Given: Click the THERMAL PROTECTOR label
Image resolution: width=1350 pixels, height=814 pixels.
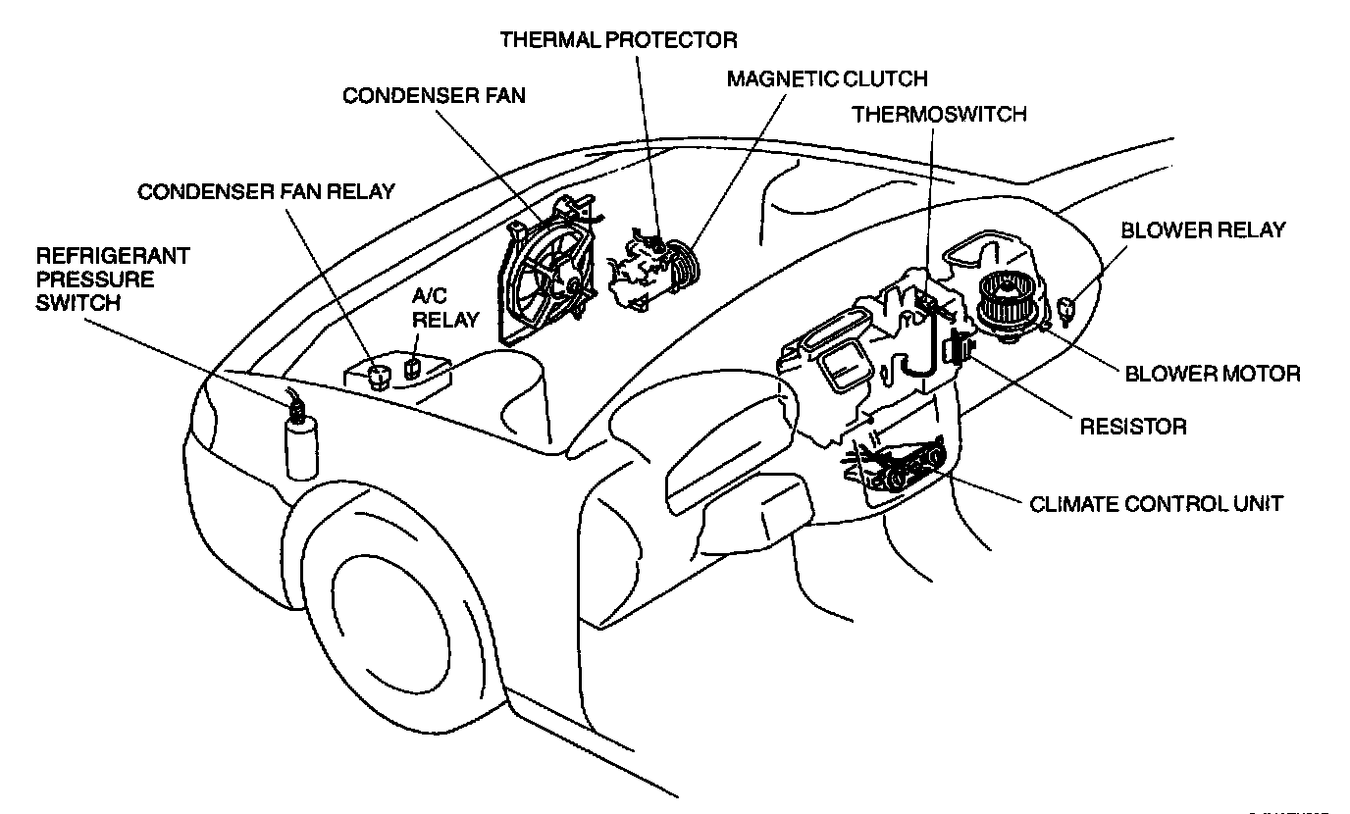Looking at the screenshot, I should tap(618, 40).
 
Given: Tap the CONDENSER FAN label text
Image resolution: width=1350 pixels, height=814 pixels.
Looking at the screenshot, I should tap(434, 95).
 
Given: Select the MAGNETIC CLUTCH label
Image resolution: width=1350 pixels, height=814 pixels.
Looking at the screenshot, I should tap(826, 78).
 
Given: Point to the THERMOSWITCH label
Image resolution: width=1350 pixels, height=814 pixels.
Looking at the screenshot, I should tap(939, 114).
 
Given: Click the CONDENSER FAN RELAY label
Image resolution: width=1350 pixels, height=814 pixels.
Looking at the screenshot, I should tap(266, 191).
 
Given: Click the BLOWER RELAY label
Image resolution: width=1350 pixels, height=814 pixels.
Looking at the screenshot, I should tap(1203, 230).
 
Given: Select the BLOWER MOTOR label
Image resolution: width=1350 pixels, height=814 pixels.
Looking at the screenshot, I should tap(1212, 374).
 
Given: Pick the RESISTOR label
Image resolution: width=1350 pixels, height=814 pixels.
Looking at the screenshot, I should tap(1133, 427).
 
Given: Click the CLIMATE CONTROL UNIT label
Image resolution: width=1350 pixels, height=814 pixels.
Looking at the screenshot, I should tap(1156, 505).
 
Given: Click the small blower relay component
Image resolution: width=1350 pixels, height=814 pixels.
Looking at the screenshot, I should tap(1070, 311).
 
